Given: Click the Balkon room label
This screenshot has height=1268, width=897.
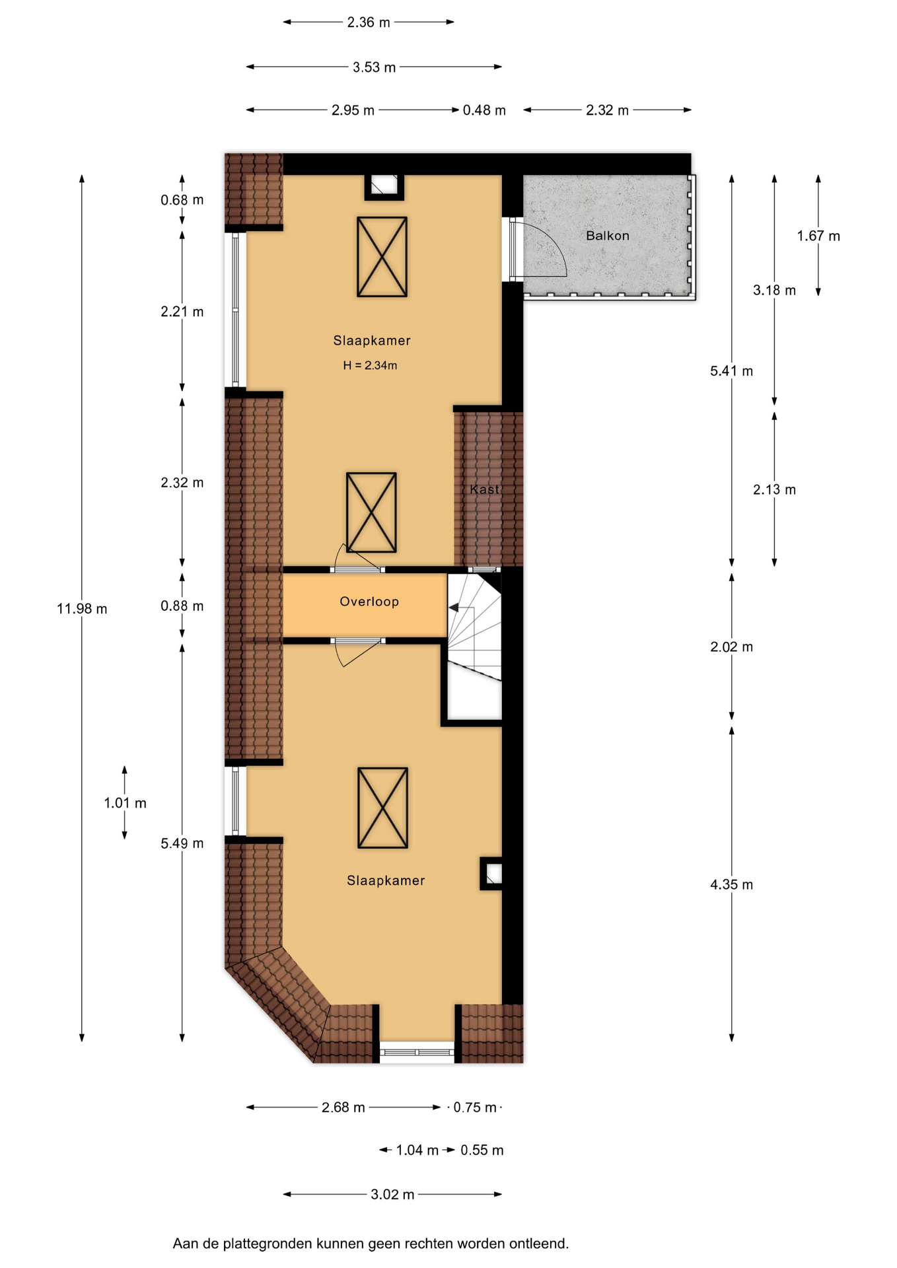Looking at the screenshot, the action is pos(607,236).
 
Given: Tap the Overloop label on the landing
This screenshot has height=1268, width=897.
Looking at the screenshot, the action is pos(369,602).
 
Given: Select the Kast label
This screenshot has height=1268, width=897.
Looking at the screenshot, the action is pos(484,489).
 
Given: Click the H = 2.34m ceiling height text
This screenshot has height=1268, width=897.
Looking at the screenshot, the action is pos(370,365).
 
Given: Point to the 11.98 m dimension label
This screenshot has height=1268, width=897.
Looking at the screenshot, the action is pos(82,609).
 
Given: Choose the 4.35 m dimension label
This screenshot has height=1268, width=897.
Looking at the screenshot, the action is pos(731,885).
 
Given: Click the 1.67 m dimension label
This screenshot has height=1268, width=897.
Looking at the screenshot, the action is pos(818,236).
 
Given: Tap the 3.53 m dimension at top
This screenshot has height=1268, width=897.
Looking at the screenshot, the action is pos(374,67).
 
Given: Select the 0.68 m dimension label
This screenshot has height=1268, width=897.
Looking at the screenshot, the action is pos(182,200).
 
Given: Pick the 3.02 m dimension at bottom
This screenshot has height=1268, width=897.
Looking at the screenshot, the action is pos(392,1195).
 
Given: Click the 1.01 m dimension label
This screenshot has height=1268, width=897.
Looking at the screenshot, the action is pos(125,803).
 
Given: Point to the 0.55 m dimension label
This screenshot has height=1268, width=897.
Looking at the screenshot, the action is pos(482,1150).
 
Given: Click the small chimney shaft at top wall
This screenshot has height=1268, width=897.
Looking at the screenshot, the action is pos(384,186).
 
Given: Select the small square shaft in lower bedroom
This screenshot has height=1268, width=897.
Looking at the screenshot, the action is pos(491,874).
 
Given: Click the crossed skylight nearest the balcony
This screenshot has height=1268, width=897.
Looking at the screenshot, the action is pos(382,257).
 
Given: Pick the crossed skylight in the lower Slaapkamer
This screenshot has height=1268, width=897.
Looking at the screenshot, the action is pos(382,808).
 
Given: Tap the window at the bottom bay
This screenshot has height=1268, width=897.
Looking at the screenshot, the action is pos(417,1052).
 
